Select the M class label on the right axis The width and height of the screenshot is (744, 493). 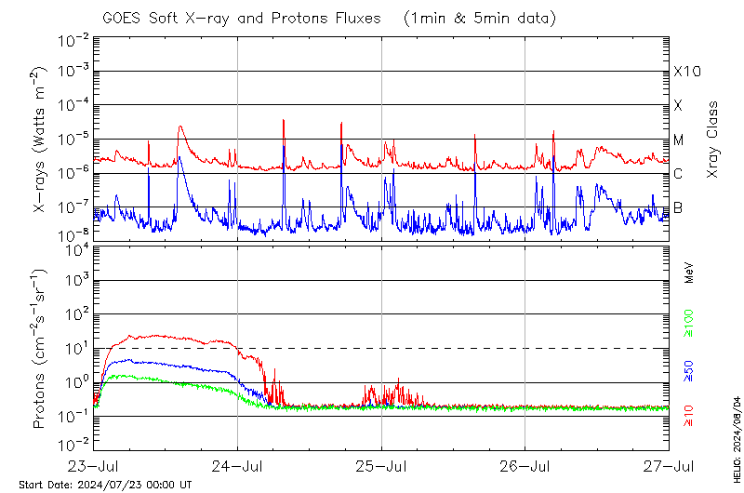(x=679, y=140)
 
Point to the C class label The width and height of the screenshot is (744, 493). (x=679, y=174)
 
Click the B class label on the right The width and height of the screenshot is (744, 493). (x=679, y=207)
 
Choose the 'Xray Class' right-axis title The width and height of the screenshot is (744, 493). (x=712, y=140)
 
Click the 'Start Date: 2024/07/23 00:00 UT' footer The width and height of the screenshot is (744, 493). (x=105, y=485)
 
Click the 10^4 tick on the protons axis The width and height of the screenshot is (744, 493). (x=74, y=247)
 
